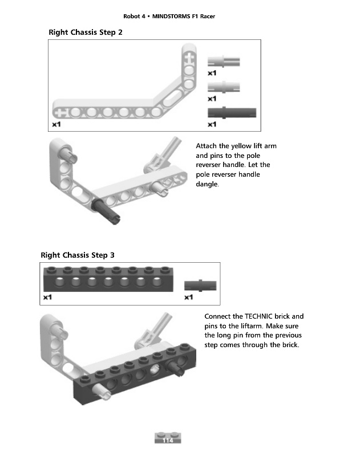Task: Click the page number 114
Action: click(x=168, y=441)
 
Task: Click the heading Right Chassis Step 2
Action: click(x=86, y=32)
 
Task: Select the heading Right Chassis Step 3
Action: click(x=78, y=254)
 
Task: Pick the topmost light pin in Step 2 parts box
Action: click(x=223, y=62)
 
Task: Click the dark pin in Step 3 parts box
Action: click(x=200, y=284)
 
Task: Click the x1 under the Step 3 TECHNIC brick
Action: click(x=48, y=297)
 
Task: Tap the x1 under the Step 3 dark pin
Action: click(x=189, y=297)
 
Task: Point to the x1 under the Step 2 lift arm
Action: click(x=56, y=124)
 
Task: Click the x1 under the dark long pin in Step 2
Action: click(x=212, y=124)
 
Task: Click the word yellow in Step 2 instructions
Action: click(x=240, y=146)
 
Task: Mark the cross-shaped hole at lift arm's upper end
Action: click(x=189, y=57)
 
